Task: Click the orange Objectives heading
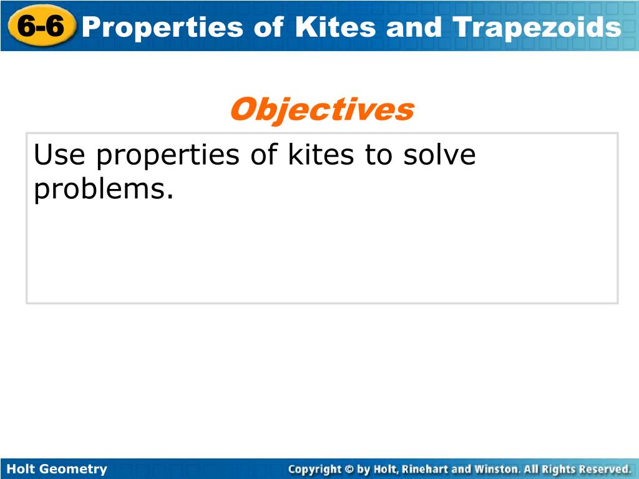321,110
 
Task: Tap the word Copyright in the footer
315,469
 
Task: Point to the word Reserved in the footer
604,469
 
